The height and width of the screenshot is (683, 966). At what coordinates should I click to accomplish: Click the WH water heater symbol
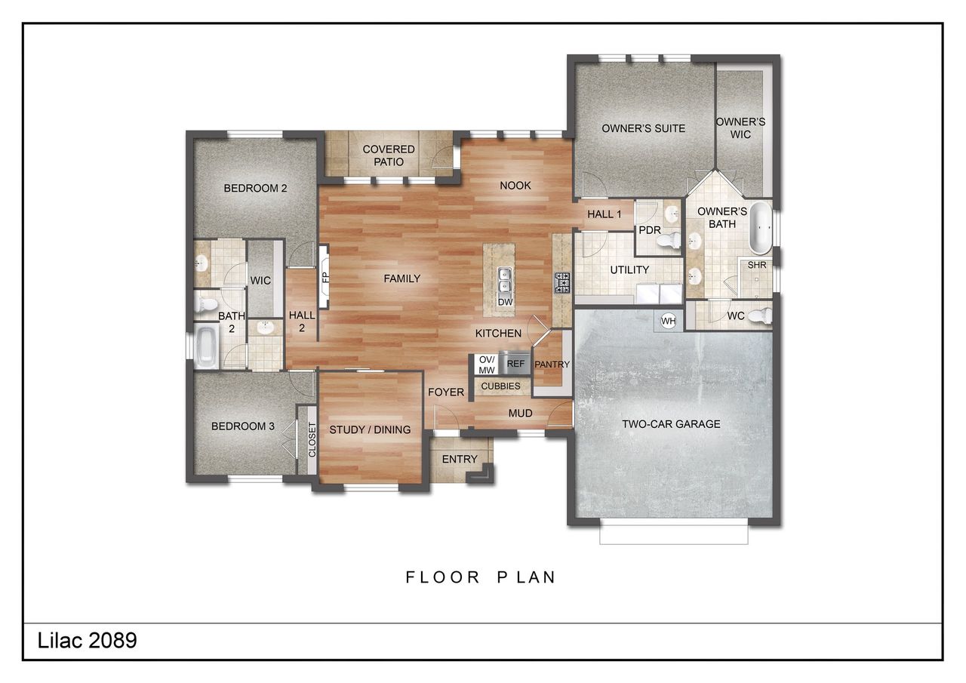tap(668, 321)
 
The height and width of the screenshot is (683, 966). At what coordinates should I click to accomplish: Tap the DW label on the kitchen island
tap(504, 302)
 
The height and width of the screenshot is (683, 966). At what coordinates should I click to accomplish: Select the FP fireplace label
tap(325, 277)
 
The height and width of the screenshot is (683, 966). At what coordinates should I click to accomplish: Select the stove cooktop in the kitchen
tap(562, 283)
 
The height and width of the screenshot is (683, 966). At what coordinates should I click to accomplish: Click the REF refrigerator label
tap(516, 364)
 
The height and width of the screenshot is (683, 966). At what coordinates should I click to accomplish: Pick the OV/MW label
tap(487, 364)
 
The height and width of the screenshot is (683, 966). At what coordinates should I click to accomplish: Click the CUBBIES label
tap(500, 386)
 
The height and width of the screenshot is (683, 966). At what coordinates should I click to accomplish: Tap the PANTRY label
tap(552, 365)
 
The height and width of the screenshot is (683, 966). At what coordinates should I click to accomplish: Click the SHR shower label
tap(757, 266)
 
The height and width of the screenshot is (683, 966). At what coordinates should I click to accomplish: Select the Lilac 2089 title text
tap(88, 641)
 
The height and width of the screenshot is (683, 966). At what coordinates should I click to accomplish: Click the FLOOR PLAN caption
tap(481, 577)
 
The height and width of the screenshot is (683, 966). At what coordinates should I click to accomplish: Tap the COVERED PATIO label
tap(389, 155)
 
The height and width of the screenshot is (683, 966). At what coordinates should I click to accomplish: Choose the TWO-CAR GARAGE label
tap(671, 424)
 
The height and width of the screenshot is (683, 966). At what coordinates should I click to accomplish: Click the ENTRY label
tap(460, 459)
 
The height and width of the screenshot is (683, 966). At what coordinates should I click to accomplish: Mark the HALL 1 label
tap(604, 214)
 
